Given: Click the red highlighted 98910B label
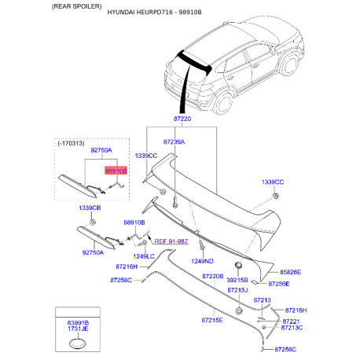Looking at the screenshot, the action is [116, 171].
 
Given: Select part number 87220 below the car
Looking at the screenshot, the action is [182, 119].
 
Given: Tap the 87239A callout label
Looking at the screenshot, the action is [174, 142].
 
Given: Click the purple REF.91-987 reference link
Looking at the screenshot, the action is [171, 241].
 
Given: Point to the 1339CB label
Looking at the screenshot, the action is [90, 208].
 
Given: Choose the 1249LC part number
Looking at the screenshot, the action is [144, 256].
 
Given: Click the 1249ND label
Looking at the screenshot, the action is [202, 261].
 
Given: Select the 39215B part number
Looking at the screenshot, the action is [237, 280].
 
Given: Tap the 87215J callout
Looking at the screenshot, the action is [237, 290].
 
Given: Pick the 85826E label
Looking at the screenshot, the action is [291, 272].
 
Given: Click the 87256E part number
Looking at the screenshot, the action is [279, 284].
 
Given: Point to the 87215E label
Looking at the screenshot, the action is [212, 320].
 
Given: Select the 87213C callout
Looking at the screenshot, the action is [292, 328].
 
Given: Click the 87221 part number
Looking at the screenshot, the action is [291, 321].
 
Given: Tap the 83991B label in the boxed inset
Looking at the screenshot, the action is [78, 323].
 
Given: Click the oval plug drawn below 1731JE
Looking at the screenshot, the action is [78, 343].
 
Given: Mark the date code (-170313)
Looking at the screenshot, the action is [71, 143].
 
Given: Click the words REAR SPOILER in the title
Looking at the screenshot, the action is [77, 6].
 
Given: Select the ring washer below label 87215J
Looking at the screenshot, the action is [239, 311].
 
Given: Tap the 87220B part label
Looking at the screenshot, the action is [213, 276].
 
